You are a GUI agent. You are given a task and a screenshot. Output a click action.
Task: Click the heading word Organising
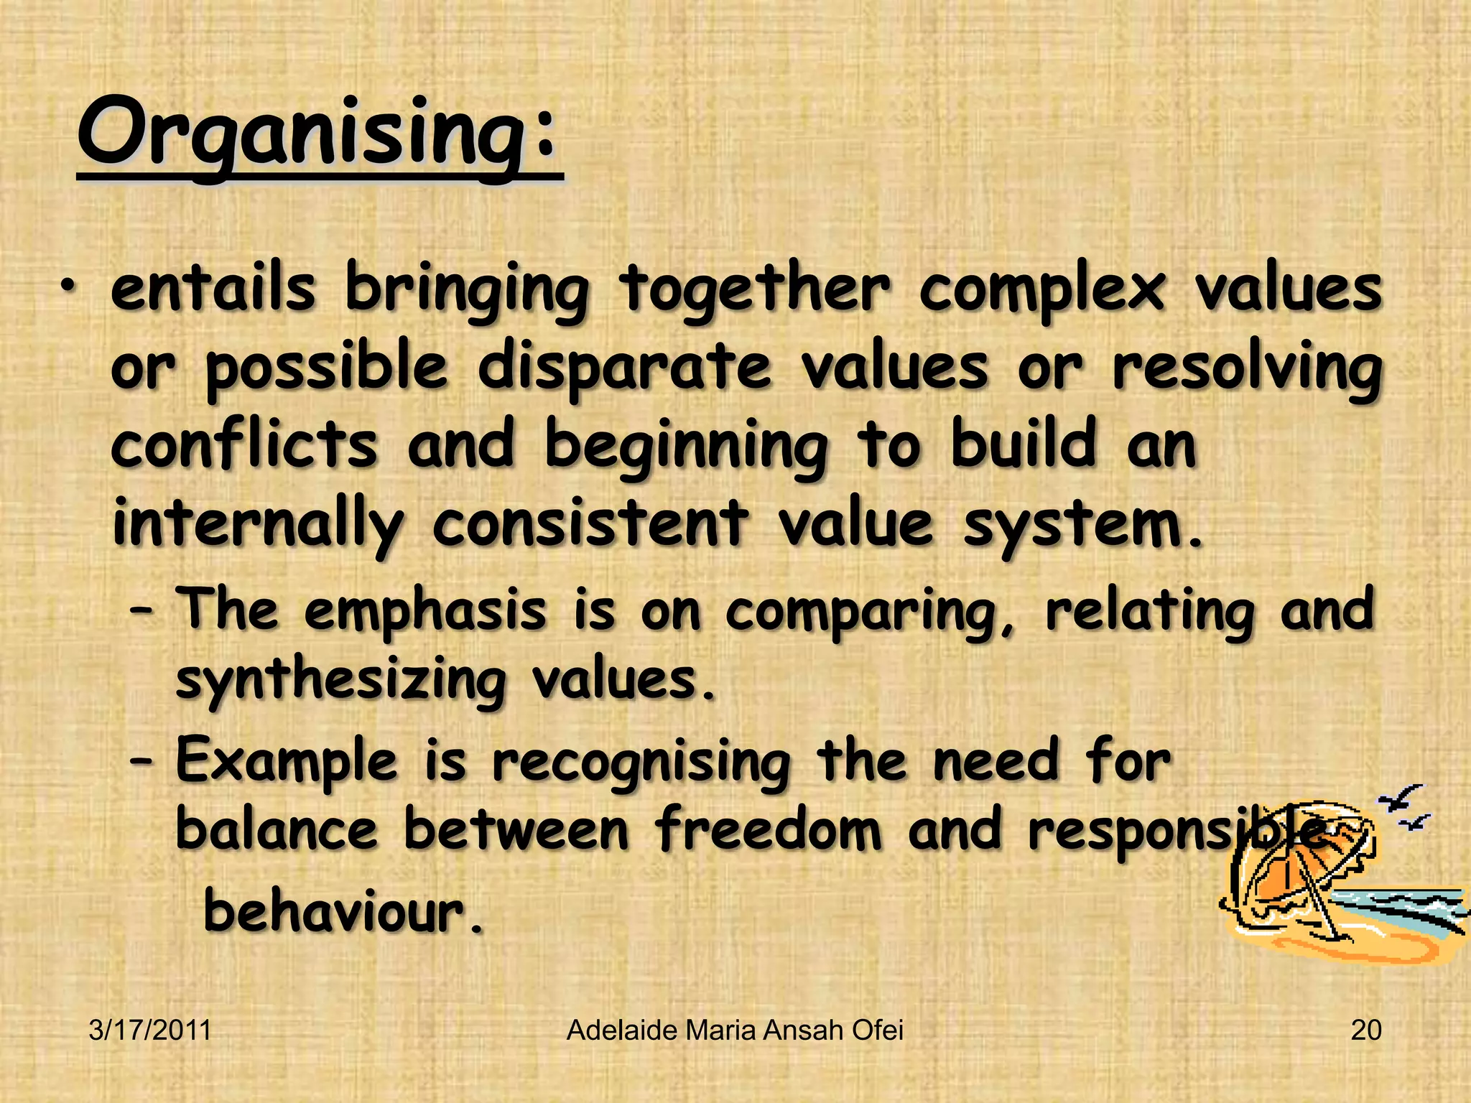click(316, 133)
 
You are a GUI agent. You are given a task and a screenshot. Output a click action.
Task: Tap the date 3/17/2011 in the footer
click(150, 1030)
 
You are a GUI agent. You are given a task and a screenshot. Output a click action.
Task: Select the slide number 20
click(1365, 1030)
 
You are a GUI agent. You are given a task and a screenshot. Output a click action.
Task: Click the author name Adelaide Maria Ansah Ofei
click(735, 1030)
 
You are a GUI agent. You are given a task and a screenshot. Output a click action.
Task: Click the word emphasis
click(424, 611)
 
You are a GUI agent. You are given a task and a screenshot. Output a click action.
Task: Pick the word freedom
click(767, 828)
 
